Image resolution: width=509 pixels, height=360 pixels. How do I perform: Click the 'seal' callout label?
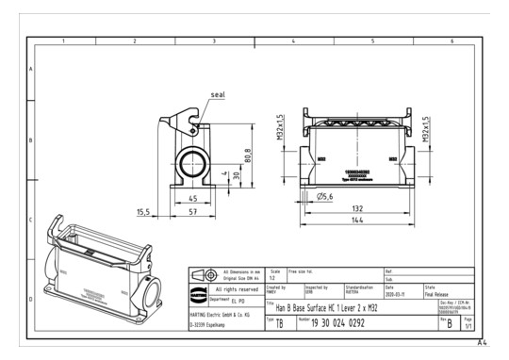[218, 95]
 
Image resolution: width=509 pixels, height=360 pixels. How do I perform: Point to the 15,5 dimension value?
[144, 212]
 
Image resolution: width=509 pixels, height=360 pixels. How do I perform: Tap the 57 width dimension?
[192, 214]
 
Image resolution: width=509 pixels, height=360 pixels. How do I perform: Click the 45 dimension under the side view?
[191, 199]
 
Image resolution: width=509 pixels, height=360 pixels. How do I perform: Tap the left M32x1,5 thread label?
[281, 129]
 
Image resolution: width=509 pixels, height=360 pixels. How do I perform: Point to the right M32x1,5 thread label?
[426, 129]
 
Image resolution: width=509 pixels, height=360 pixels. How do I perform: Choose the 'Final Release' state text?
[436, 292]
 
